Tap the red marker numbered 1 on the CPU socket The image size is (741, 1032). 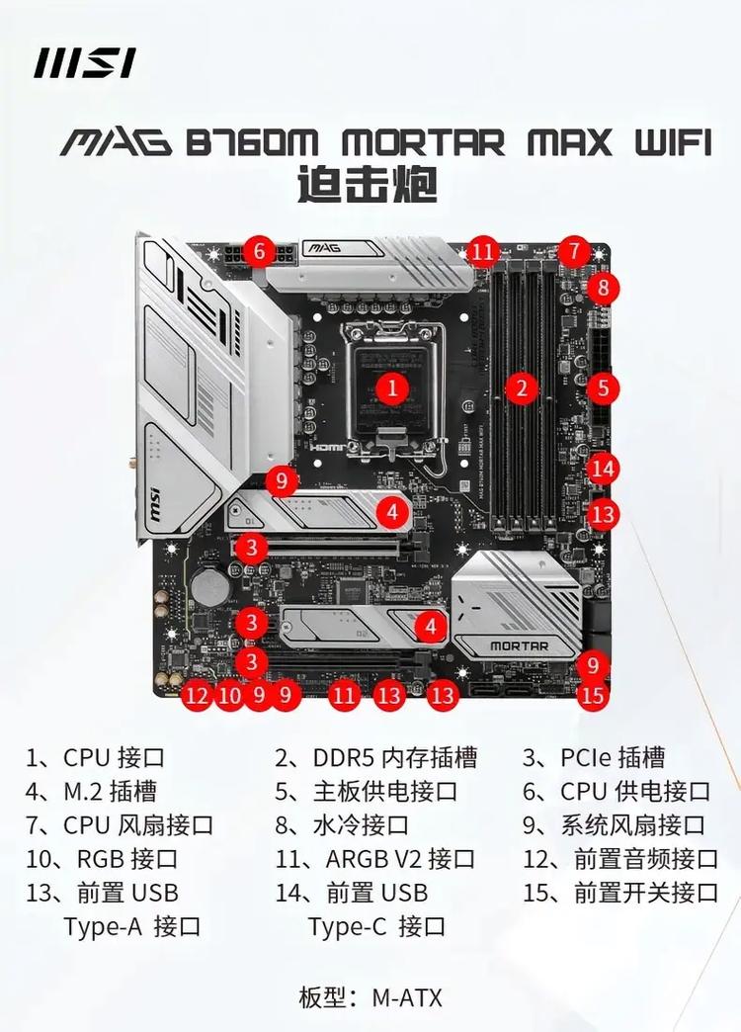(393, 387)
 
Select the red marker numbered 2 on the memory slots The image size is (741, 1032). (522, 387)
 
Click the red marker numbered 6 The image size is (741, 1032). (259, 251)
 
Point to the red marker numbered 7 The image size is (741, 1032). (573, 251)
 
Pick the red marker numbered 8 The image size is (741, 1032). (603, 289)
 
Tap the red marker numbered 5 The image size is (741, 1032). (603, 387)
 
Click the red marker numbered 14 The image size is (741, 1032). (604, 468)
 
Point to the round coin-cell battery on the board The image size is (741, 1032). (208, 587)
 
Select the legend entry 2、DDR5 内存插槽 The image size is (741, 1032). (375, 758)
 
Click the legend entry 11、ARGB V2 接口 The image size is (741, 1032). (375, 859)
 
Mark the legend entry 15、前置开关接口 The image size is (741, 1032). (620, 893)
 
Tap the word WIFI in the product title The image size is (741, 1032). (670, 142)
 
